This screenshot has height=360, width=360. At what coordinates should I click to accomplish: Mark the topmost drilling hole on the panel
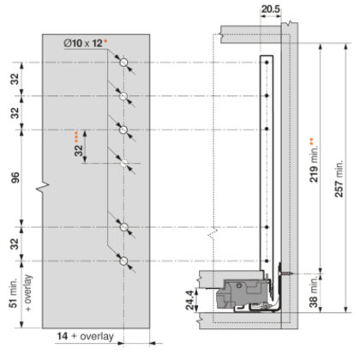125,63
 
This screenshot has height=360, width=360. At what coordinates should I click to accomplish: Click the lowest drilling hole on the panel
125,260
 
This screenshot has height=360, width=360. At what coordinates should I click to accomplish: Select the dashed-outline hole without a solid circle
125,162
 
